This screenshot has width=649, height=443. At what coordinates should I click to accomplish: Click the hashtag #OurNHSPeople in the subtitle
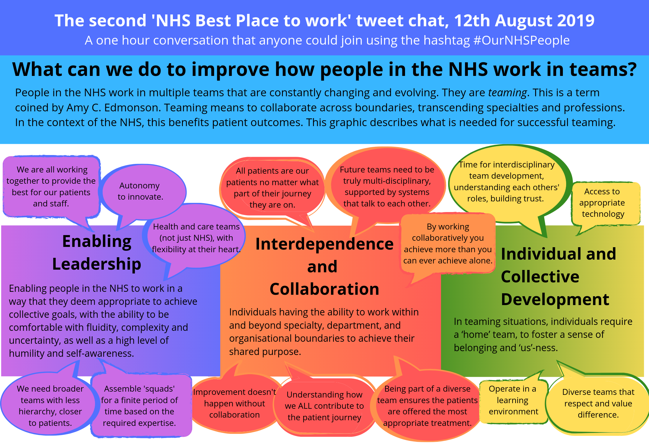tap(521, 40)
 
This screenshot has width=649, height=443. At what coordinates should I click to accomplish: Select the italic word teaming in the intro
tap(507, 93)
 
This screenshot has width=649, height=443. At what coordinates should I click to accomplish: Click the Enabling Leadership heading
tap(97, 253)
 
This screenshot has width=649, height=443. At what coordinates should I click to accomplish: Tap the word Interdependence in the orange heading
tap(324, 244)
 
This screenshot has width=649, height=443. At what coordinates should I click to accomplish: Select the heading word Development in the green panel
tap(555, 299)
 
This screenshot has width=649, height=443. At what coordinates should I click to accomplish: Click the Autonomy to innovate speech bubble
tap(140, 191)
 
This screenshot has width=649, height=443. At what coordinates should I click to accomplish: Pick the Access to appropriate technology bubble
tap(603, 203)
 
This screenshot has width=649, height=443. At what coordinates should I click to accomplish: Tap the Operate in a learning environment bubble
tap(513, 400)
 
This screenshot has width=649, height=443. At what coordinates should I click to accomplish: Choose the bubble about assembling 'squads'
tap(140, 406)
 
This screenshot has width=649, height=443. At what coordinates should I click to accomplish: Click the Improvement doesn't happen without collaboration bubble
tap(235, 403)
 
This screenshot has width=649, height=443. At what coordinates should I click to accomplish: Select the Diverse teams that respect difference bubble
tap(598, 403)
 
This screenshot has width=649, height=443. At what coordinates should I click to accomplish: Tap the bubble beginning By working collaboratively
tap(448, 244)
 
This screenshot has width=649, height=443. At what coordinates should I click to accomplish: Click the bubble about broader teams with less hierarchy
tap(50, 406)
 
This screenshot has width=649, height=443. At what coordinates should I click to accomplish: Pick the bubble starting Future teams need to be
tap(387, 187)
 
